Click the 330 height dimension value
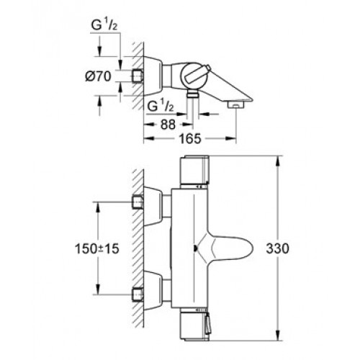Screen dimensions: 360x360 point(277,248)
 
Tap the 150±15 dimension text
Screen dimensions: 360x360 point(97,248)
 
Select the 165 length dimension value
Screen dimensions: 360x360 point(190,139)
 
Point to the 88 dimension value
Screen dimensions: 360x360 point(168,125)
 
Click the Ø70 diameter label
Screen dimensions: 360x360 point(98,76)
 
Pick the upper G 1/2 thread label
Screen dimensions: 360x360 point(104,25)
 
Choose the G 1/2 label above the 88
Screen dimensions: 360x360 point(160,106)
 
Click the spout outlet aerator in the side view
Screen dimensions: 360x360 point(236,104)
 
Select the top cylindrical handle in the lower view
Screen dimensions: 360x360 point(194,171)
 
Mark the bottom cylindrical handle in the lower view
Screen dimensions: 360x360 point(194,326)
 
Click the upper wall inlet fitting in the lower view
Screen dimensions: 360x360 point(138,202)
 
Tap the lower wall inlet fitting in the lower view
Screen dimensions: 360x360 point(138,294)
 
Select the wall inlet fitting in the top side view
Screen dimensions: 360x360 point(138,76)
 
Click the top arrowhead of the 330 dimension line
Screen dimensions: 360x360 point(278,161)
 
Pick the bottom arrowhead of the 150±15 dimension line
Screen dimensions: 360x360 point(98,289)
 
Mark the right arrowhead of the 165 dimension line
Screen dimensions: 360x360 point(231,138)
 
